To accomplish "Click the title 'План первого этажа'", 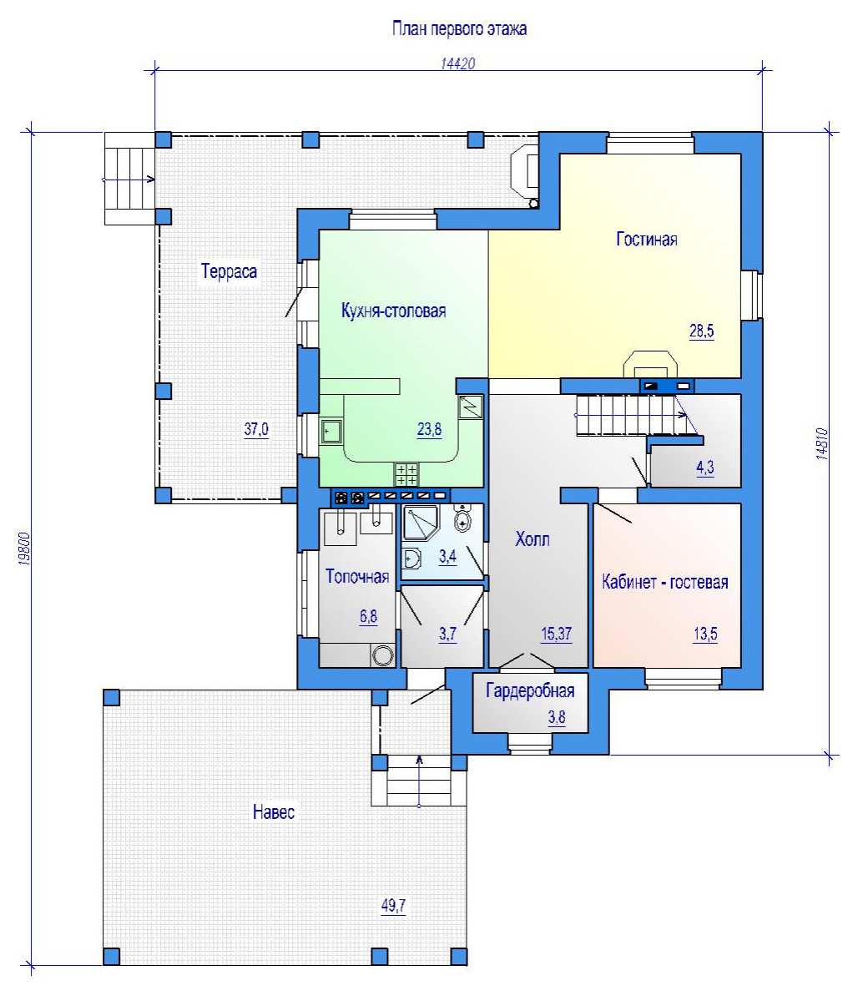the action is tap(459, 29).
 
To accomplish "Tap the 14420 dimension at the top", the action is tap(458, 63).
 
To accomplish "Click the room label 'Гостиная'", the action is tap(647, 240).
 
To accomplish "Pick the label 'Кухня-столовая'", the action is tap(394, 311).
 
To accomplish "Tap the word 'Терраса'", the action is tap(230, 271).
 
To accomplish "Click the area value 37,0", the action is tap(256, 429).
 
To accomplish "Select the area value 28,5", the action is tap(702, 331).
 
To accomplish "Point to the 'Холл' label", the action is tap(532, 539).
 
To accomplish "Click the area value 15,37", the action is tap(557, 634).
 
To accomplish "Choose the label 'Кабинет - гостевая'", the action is tap(665, 582).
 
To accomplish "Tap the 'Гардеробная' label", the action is tap(530, 690).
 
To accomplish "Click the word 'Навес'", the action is tap(274, 811).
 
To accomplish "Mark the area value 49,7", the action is tap(393, 906).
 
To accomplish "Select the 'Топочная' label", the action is tap(357, 576).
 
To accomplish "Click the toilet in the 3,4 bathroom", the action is tap(463, 518).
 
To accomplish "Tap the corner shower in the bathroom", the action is tap(419, 523).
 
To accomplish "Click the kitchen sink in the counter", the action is tap(331, 432).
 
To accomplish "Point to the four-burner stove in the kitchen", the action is tap(407, 474).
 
